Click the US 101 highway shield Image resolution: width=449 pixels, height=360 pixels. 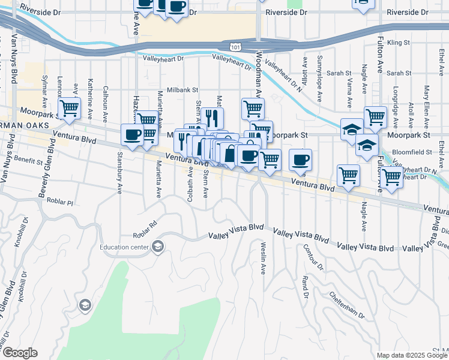[236, 46]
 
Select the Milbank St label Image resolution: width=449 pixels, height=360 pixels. [182, 89]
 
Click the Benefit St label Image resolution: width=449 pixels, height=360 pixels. [29, 161]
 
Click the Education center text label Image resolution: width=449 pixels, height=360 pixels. [125, 246]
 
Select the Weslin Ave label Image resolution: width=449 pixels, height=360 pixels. [263, 258]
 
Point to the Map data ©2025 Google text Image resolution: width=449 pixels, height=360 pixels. [412, 355]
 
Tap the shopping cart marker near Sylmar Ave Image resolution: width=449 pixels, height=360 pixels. [70, 109]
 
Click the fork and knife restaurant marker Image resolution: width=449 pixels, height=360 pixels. [212, 118]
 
